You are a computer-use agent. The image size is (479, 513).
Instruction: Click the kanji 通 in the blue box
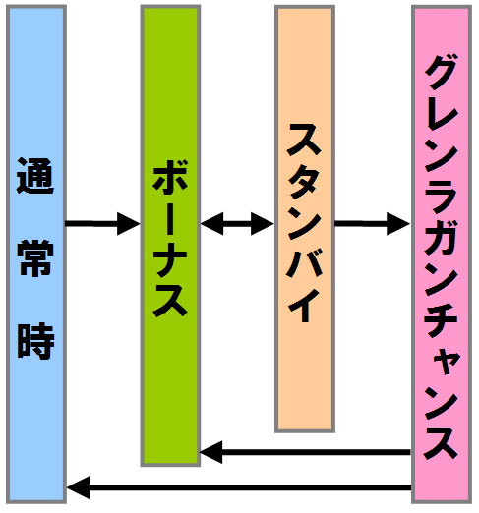(35, 176)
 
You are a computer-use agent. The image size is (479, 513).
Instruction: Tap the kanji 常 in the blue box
(35, 257)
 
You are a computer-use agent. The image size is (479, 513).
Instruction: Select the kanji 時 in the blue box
(35, 341)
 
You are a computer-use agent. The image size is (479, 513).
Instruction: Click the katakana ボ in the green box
(170, 176)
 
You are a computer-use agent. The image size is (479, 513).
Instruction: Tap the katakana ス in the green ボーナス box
(170, 301)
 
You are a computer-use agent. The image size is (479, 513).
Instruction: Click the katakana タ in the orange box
(303, 181)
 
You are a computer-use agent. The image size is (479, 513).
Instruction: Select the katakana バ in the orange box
(304, 263)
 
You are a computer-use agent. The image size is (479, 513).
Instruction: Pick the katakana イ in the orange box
(304, 306)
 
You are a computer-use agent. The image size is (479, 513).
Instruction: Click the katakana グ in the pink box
(442, 73)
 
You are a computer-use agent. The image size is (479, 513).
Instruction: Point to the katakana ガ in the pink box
(442, 237)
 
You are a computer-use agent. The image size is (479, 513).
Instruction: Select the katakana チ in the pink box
(441, 320)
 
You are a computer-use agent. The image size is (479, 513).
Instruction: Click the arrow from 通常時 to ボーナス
(102, 224)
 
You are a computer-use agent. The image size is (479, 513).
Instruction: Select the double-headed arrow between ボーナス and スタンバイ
(237, 224)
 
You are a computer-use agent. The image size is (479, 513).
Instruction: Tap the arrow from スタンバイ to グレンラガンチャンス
(372, 224)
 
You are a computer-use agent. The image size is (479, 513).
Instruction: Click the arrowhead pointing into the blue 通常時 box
(78, 487)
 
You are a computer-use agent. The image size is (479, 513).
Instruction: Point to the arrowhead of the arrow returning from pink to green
(211, 452)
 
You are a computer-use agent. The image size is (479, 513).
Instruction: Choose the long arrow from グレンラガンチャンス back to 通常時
(239, 487)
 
